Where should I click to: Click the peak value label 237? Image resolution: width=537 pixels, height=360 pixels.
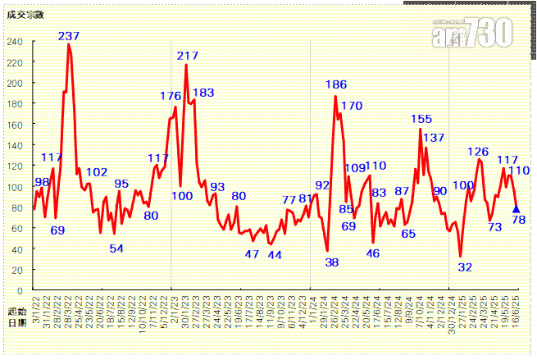click(69, 36)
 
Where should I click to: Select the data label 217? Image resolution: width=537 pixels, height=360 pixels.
click(188, 56)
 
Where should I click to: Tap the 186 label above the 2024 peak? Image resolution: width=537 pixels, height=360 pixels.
click(336, 84)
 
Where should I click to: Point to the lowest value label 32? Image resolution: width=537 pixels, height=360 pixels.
click(465, 267)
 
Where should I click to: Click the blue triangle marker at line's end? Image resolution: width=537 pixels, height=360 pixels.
click(516, 209)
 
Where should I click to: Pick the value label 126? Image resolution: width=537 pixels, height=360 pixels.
click(478, 152)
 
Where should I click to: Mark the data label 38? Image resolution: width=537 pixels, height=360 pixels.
click(332, 262)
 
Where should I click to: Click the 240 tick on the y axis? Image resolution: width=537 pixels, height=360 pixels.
click(16, 42)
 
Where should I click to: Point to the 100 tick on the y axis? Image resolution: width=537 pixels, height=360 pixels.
click(16, 187)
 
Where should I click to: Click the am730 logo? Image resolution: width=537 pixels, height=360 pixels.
click(473, 33)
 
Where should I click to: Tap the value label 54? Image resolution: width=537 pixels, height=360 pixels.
click(116, 248)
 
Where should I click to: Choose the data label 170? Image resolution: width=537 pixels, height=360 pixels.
click(352, 106)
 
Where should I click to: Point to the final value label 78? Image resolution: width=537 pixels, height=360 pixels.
click(518, 220)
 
